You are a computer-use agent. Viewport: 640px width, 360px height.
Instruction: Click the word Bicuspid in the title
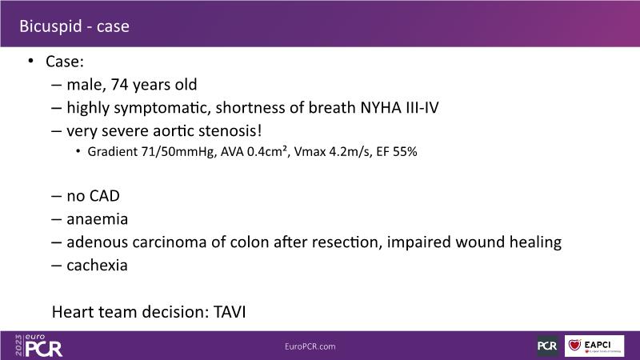pos(51,26)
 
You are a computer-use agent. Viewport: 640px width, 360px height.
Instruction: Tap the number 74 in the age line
pos(119,85)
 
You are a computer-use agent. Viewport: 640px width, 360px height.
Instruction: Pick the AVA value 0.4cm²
pos(266,151)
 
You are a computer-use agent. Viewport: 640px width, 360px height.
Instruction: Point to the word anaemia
pos(97,219)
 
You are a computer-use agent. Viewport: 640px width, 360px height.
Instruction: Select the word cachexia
pos(97,266)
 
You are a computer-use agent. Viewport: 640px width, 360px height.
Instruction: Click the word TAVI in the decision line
pos(230,312)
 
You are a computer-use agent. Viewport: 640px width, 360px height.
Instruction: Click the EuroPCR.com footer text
pos(310,346)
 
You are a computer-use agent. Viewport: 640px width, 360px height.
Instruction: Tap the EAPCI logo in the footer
pos(594,346)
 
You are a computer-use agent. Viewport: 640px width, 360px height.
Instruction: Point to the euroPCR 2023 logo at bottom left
pos(38,346)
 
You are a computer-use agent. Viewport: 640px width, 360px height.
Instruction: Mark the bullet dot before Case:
pos(31,62)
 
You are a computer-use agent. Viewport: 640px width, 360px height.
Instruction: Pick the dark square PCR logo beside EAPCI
pos(547,346)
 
